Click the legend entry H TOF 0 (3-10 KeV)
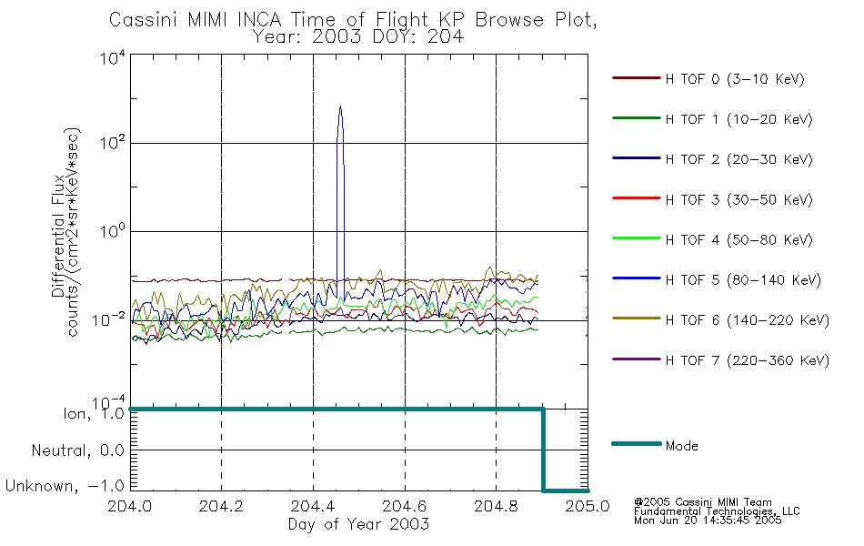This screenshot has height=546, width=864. [x=735, y=79]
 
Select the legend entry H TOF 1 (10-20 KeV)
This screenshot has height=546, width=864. [x=738, y=119]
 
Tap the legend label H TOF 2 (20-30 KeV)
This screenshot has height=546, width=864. [x=738, y=159]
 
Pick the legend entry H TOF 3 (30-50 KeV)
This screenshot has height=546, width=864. [x=738, y=199]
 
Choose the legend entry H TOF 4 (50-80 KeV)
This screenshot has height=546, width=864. [x=738, y=240]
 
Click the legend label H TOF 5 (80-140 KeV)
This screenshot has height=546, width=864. [x=743, y=280]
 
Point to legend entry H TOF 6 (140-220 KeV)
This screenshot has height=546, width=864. [x=747, y=320]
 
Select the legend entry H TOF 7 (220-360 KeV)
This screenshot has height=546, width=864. [x=747, y=360]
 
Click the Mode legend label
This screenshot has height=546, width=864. [x=681, y=446]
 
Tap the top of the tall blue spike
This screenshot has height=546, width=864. [x=340, y=106]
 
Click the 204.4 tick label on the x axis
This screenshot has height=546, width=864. [x=313, y=506]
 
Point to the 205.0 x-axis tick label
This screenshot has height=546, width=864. [x=588, y=506]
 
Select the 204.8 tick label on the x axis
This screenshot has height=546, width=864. [x=496, y=506]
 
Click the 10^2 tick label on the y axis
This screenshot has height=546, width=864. [x=113, y=143]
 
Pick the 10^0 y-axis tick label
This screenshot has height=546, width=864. [x=113, y=230]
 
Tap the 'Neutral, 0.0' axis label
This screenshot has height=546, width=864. [x=77, y=450]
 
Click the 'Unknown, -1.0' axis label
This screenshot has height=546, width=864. [x=65, y=486]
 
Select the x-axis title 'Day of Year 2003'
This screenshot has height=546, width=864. [x=358, y=524]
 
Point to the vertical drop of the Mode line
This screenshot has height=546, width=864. [x=543, y=450]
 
